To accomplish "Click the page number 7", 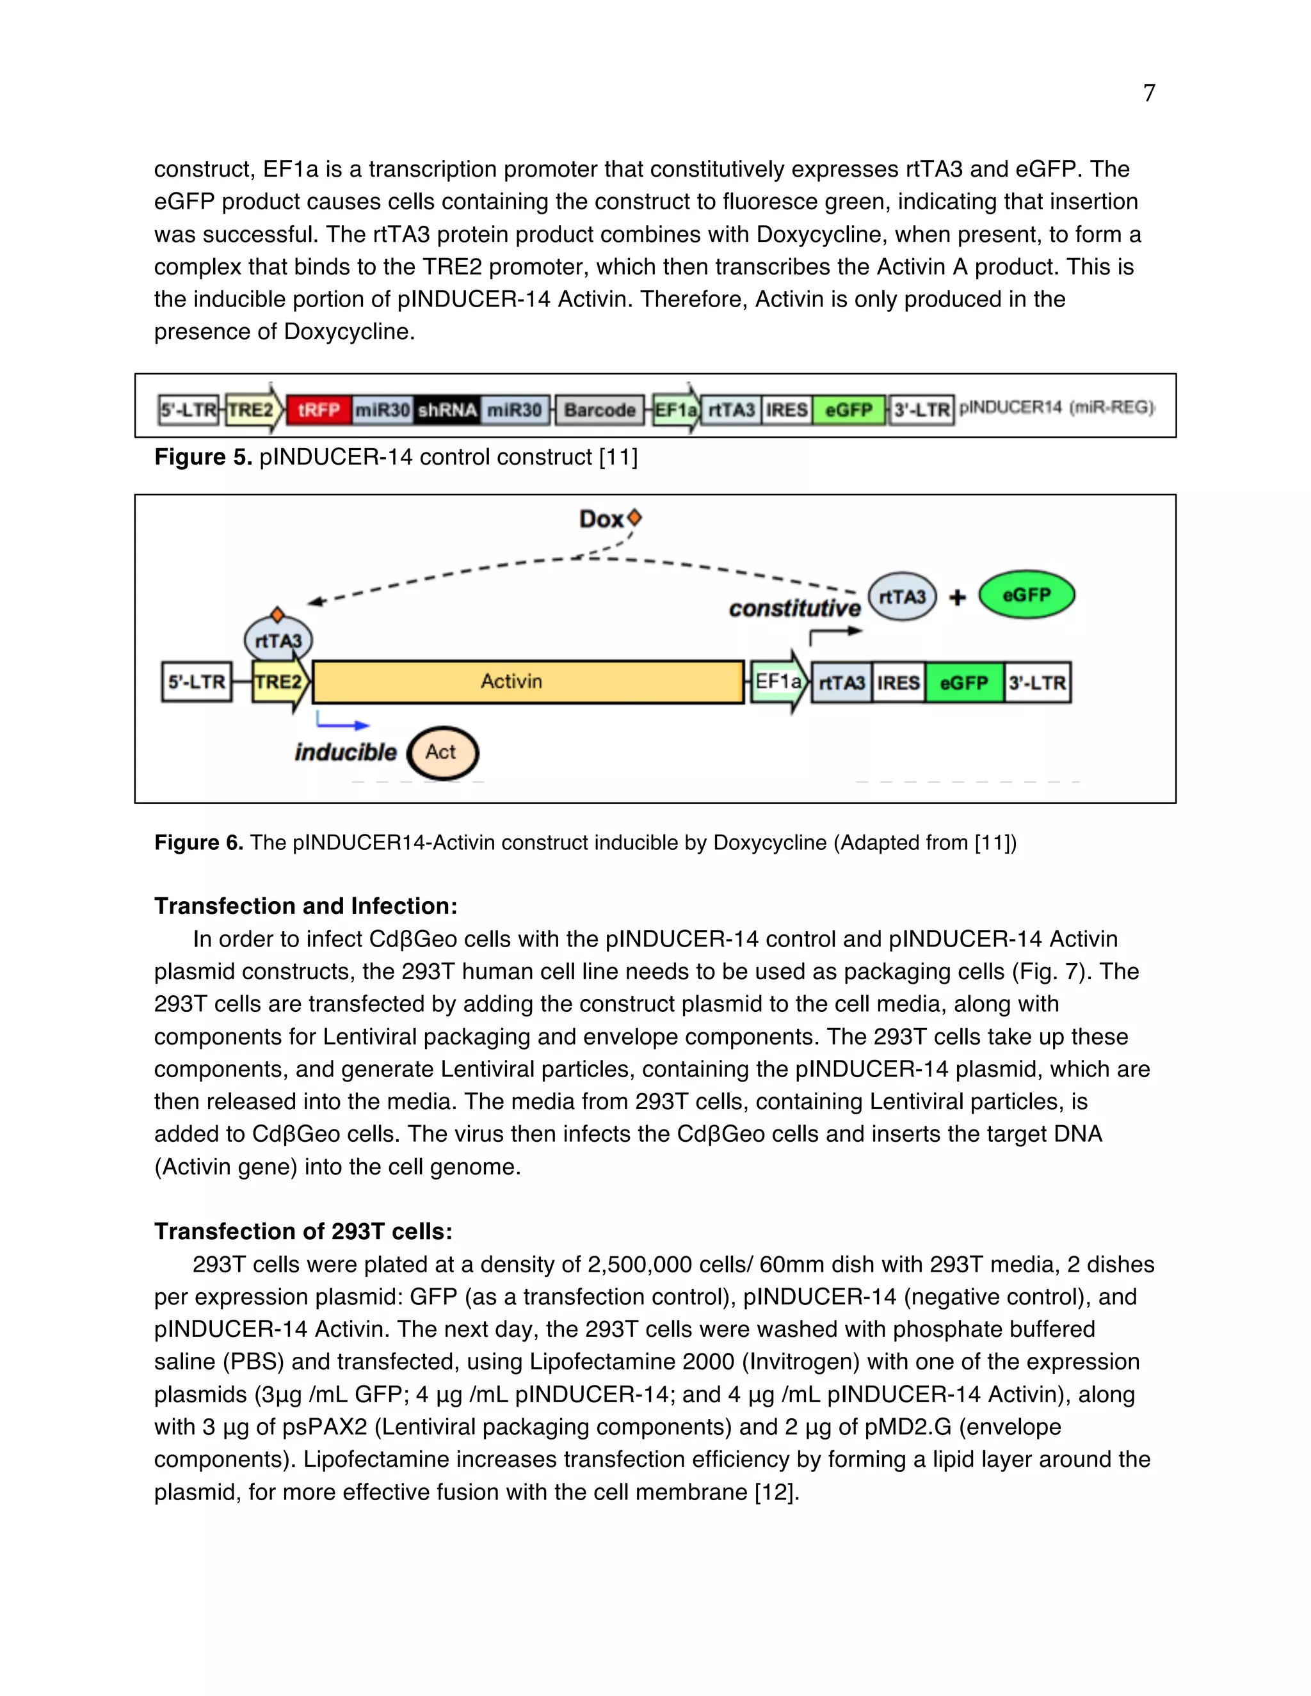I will (x=1148, y=93).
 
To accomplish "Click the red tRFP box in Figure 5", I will (x=318, y=409).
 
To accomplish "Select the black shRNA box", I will (x=447, y=409).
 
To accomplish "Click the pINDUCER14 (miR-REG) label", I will (x=1056, y=407).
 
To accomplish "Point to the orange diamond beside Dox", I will (x=634, y=516).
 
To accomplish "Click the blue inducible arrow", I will (x=342, y=724).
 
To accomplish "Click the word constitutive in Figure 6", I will (x=794, y=608).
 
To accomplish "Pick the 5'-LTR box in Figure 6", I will (x=197, y=682).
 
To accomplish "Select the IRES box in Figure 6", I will (x=898, y=683).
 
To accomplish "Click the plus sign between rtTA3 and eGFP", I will (x=957, y=596).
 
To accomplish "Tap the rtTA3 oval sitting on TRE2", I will (x=278, y=640).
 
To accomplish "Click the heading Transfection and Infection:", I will (x=305, y=906).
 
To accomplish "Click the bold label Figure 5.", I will (x=203, y=456).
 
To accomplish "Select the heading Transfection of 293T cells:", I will (x=303, y=1231).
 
